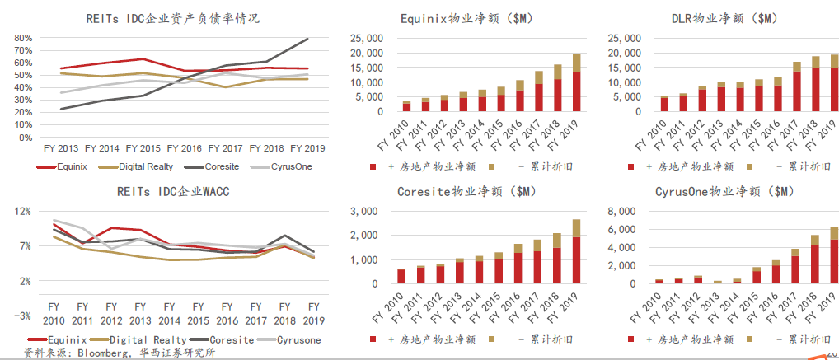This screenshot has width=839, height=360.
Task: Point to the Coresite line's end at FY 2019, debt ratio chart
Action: pyautogui.click(x=308, y=39)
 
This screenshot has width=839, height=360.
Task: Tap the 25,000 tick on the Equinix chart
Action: pyautogui.click(x=367, y=38)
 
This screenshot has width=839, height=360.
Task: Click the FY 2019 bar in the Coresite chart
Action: pyautogui.click(x=554, y=251)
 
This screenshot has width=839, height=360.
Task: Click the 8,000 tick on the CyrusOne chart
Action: pyautogui.click(x=626, y=211)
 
